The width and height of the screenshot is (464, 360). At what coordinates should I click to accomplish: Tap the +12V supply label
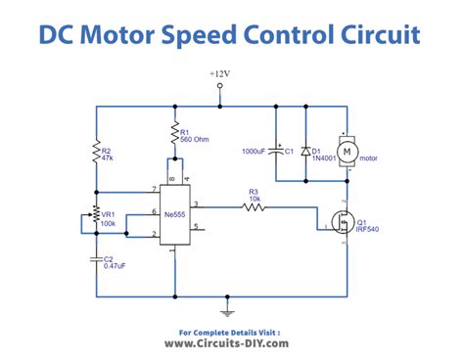click(x=221, y=73)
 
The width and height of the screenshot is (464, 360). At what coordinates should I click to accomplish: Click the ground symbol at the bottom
click(x=229, y=310)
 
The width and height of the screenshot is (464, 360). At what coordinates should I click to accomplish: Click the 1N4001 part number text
click(x=324, y=156)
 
